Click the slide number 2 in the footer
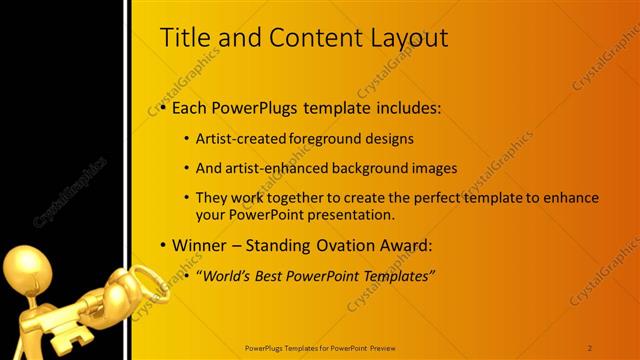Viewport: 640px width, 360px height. point(590,347)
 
